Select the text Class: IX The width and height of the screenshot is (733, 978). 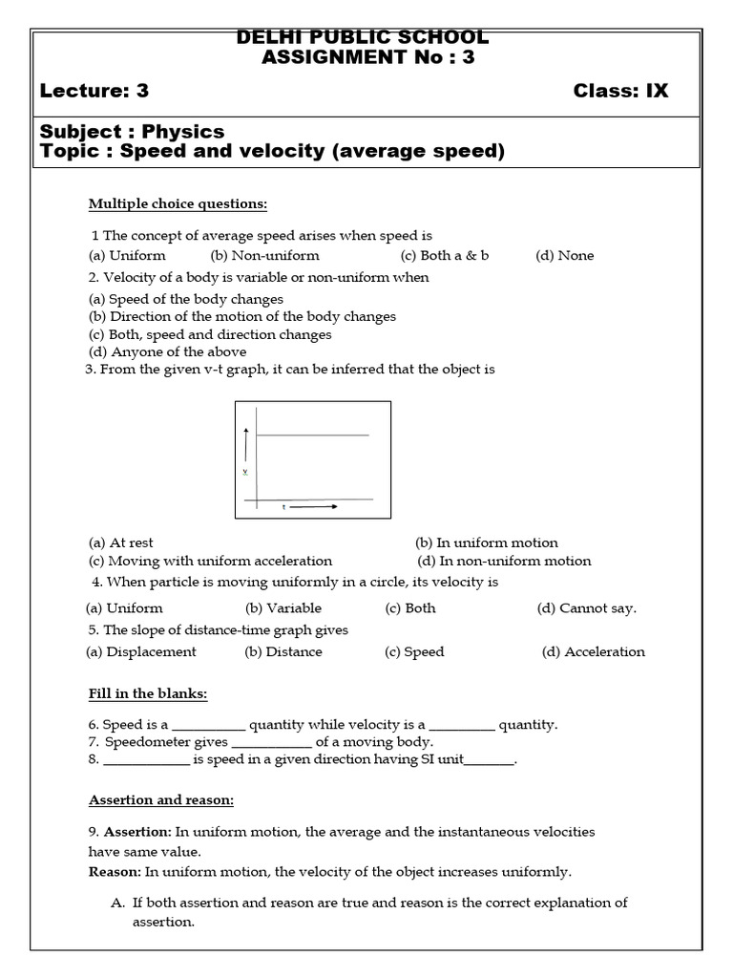[620, 92]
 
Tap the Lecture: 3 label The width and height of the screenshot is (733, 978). [94, 92]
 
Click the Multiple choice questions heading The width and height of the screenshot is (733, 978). [178, 203]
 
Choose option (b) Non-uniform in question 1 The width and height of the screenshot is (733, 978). [264, 255]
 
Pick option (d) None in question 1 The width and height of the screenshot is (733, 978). [564, 255]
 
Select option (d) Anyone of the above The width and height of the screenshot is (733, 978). [153, 351]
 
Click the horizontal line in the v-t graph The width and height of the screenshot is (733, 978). [311, 436]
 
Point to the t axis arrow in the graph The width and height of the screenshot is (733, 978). [314, 507]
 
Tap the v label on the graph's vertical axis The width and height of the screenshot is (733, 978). [245, 472]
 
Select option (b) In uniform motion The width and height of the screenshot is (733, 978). [487, 542]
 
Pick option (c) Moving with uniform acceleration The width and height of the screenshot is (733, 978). [210, 561]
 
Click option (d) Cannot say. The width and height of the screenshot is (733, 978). [586, 607]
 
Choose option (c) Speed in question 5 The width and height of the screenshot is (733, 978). [414, 651]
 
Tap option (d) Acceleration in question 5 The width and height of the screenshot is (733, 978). [593, 651]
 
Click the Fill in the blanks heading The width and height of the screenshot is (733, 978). [148, 693]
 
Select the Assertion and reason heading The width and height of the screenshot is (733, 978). [161, 799]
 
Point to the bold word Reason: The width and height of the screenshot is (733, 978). [115, 871]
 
